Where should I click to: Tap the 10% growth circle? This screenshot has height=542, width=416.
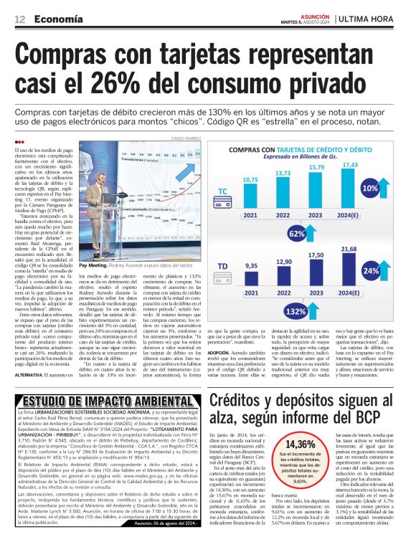(x=390, y=188)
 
